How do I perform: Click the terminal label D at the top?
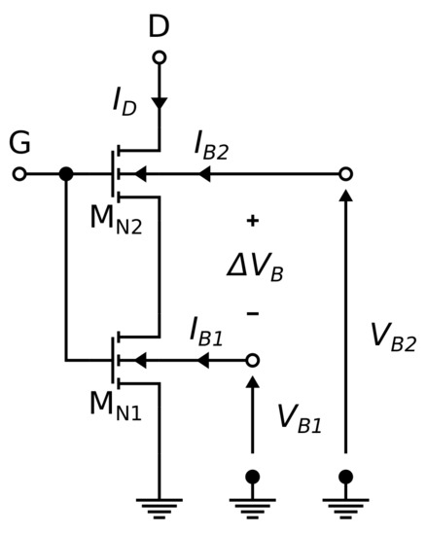pos(159,26)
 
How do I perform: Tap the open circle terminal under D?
pos(159,57)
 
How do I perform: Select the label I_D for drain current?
pos(123,101)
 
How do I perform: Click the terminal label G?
pos(19,143)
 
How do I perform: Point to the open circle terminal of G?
pos(18,174)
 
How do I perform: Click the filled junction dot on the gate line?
pos(66,174)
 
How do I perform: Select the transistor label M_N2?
pos(115,217)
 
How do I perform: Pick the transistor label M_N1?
pos(115,404)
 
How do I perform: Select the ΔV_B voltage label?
pos(255,266)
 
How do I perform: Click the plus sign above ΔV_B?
pos(253,221)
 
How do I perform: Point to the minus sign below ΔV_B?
pos(253,313)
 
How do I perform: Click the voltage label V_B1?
pos(299,417)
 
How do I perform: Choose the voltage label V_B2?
pos(393,336)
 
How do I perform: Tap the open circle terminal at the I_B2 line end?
pos(345,174)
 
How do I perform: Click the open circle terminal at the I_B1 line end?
pos(253,360)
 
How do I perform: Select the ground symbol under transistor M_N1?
pos(159,506)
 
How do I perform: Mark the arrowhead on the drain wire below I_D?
pos(159,102)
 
